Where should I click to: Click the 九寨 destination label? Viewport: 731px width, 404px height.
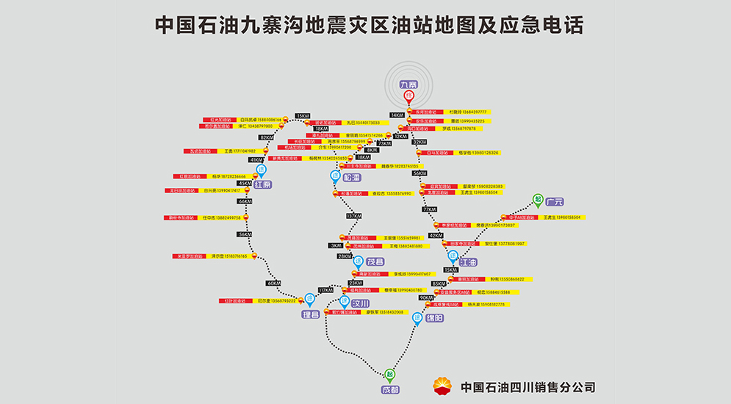point(408,85)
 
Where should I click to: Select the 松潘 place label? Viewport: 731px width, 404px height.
point(352,178)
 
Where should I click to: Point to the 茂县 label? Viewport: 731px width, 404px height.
point(375,261)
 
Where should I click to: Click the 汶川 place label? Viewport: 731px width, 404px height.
point(359,303)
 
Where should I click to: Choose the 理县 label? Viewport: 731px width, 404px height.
point(311,315)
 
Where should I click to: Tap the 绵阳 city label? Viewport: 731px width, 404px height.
point(433,318)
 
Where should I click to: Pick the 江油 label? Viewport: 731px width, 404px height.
point(468,261)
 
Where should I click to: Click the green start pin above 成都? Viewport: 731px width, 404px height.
point(390,374)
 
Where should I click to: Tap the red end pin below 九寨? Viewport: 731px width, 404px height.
point(408,97)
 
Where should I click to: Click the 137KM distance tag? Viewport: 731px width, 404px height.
point(354,216)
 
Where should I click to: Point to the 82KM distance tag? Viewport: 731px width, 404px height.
point(266,137)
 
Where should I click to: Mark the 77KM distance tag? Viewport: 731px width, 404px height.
point(430,209)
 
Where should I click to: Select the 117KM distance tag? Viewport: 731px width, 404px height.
point(325,290)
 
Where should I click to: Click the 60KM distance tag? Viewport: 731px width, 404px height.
point(274,283)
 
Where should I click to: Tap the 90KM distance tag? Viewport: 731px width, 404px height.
point(427,297)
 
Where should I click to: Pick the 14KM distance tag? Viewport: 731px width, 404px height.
point(397,115)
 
